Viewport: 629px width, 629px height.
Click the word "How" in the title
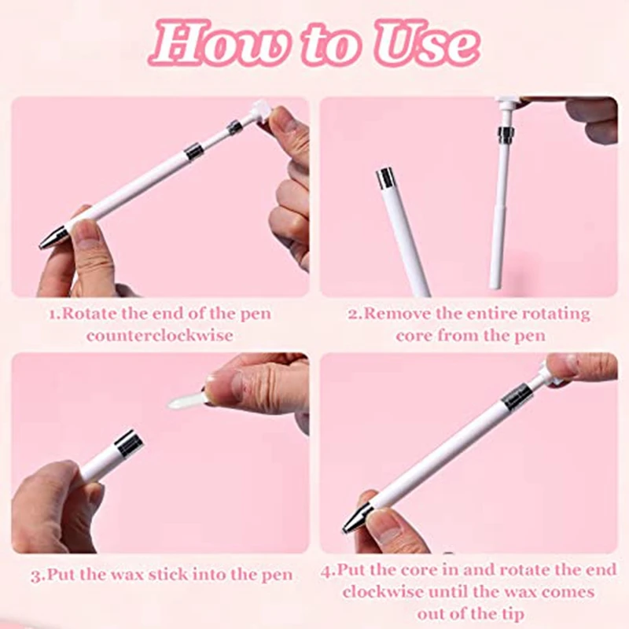click(210, 43)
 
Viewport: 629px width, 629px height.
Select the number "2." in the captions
click(355, 314)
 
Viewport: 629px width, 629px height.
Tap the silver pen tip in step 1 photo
click(53, 236)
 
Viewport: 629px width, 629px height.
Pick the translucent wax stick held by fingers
click(187, 400)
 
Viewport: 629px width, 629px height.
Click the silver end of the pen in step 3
click(128, 443)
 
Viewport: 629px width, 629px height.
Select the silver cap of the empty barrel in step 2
click(385, 178)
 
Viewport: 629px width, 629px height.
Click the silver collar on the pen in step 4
click(516, 395)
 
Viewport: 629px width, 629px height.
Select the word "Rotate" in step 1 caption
click(90, 314)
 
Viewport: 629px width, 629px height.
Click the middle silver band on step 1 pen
click(193, 152)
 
